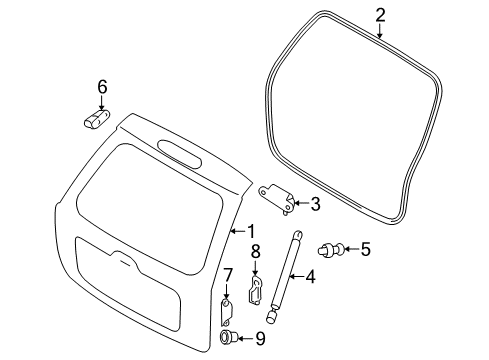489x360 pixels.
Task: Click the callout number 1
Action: point(251,231)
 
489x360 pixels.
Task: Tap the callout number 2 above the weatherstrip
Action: point(380,16)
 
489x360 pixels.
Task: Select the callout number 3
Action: point(315,204)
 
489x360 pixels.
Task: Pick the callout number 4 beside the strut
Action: point(310,277)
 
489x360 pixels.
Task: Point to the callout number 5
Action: point(365,249)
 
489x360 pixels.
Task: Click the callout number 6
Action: point(102,87)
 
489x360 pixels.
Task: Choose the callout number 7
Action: point(227,276)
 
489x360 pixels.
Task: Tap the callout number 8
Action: point(255,252)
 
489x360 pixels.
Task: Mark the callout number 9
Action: point(260,339)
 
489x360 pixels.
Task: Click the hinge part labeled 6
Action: point(97,119)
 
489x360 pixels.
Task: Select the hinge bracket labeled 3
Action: point(276,198)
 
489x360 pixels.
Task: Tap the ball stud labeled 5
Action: point(330,250)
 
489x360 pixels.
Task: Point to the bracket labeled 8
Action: point(255,289)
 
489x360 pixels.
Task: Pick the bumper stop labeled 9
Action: point(228,337)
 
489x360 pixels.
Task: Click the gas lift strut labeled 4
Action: point(285,276)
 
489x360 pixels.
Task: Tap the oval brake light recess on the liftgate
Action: point(180,153)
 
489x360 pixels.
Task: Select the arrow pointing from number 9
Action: point(246,339)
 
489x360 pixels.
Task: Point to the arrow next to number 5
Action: point(350,249)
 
